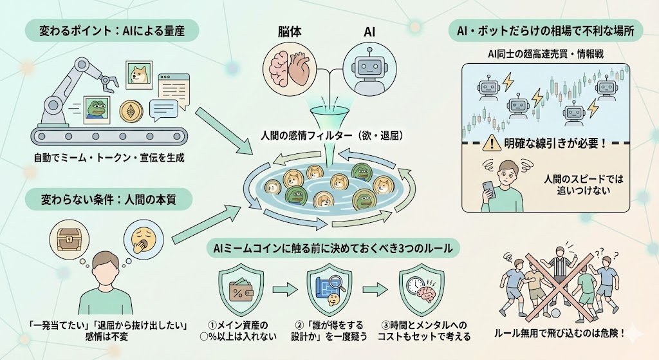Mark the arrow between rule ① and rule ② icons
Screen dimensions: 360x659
(284, 290)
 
